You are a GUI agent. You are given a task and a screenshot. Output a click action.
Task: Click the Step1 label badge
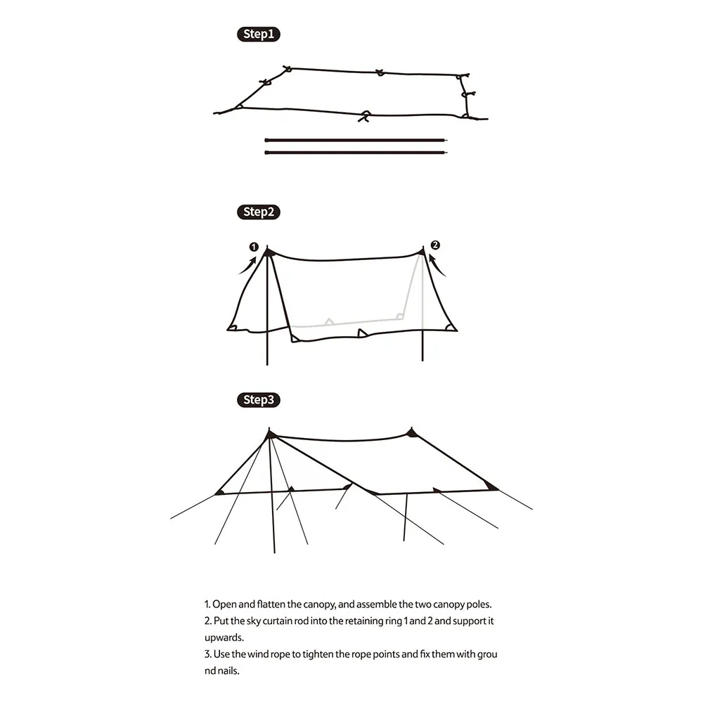tap(258, 34)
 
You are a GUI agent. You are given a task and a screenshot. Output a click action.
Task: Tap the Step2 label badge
tap(258, 212)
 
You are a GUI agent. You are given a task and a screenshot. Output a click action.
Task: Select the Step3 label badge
tap(258, 400)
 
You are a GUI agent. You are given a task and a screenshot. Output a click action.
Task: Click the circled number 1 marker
tap(254, 247)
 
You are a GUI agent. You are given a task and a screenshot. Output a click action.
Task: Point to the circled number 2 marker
tap(435, 245)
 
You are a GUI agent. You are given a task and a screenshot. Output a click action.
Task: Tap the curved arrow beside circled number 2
tap(437, 266)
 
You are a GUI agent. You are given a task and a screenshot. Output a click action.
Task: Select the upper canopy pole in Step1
tap(356, 141)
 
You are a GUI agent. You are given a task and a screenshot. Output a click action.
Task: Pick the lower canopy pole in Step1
tap(356, 153)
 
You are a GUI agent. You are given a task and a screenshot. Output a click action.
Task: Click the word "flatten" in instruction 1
tap(271, 605)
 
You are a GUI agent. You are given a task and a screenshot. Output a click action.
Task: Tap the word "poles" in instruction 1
tap(478, 605)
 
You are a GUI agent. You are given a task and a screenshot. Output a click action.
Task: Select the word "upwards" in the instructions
tap(224, 638)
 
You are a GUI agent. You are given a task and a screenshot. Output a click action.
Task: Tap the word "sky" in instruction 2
tap(253, 621)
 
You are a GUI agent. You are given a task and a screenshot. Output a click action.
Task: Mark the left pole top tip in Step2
tap(267, 245)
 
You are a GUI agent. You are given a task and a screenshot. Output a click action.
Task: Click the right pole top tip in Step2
tap(423, 246)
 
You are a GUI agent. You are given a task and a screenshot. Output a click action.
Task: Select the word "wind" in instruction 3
tap(257, 654)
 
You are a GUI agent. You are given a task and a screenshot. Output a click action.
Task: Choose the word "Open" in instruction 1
tap(224, 605)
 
